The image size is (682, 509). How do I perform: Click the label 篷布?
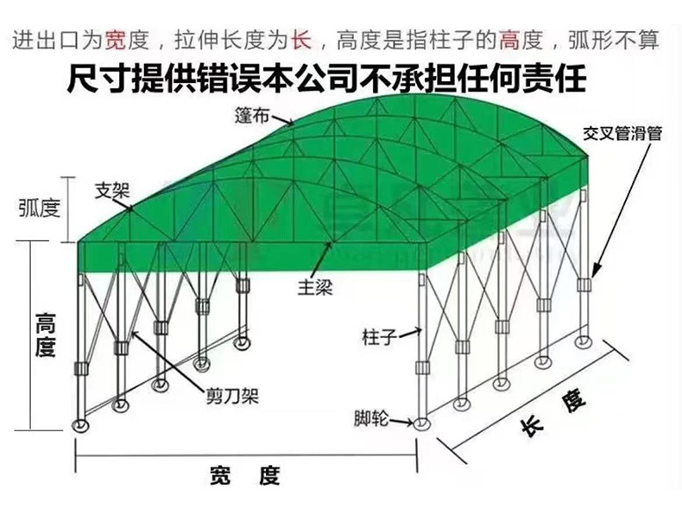[x=249, y=114]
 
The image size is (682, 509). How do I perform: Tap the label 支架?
[x=111, y=186]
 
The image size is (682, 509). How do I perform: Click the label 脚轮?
[x=369, y=419]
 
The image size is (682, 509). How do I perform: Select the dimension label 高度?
[x=45, y=335]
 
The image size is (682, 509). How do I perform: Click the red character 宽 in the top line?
[x=116, y=39]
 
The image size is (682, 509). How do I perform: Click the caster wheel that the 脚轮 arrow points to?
[x=420, y=423]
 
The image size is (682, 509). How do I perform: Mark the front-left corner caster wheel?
[x=80, y=425]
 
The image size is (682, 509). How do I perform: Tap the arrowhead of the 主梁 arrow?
[x=330, y=246]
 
